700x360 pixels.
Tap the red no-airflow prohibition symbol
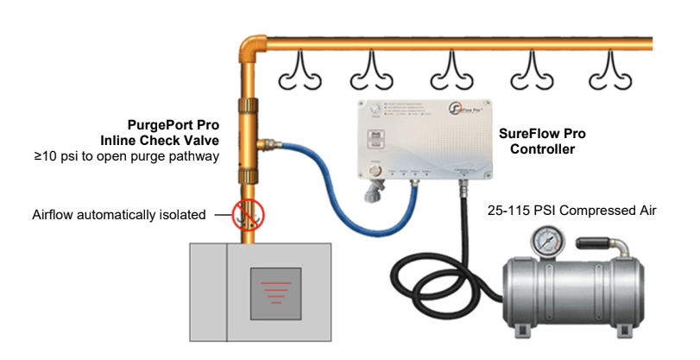247,214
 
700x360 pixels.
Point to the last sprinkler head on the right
609,75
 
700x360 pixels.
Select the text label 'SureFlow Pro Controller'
537,141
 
